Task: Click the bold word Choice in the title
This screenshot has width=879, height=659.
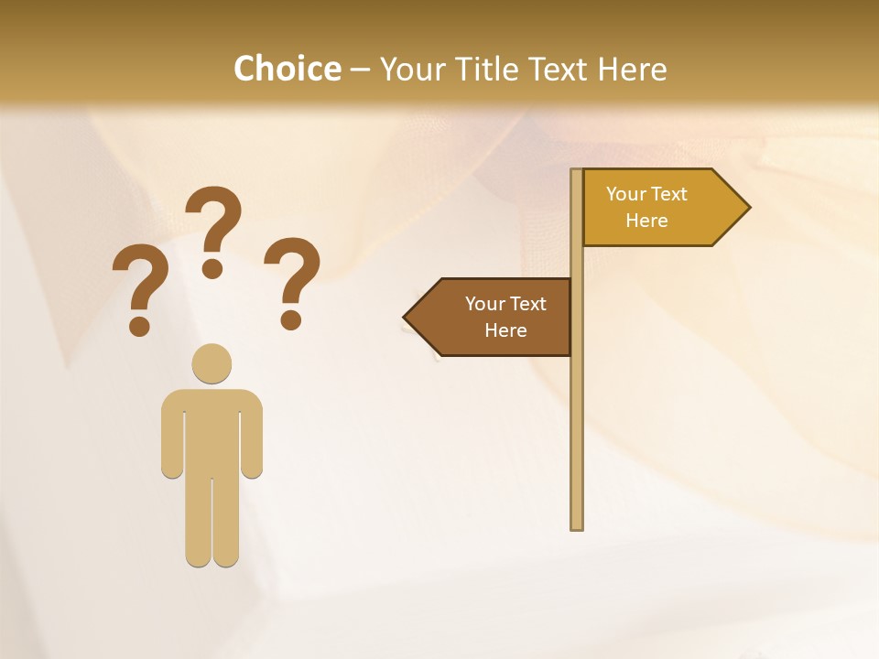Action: point(287,69)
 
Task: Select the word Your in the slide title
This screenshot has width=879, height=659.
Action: point(412,69)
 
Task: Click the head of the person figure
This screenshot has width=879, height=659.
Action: point(212,363)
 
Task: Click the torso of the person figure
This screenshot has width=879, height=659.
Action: point(212,430)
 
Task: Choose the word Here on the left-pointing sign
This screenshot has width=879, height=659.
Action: point(505,330)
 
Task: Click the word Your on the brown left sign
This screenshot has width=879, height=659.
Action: point(485,304)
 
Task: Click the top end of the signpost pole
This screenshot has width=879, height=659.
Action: point(577,173)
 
